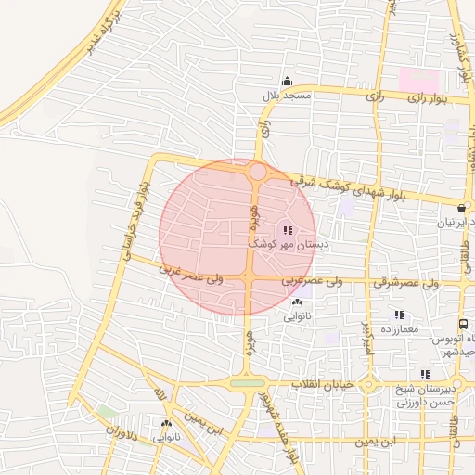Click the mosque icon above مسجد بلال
pos(288,81)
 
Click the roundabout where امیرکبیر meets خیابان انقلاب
pos(368,384)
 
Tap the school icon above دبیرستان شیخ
pos(425,374)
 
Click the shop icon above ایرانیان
pos(462,207)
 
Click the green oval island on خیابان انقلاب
pos(247,383)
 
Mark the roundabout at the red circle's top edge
pos(258,172)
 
